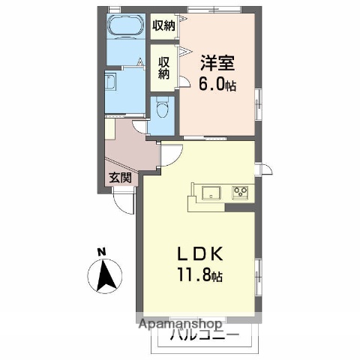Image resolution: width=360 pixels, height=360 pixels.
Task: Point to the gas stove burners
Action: [240, 193]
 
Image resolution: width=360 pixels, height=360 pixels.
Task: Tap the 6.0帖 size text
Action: [217, 85]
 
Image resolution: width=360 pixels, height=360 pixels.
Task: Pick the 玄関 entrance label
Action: [120, 178]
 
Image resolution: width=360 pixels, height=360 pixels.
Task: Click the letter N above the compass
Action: [102, 251]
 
